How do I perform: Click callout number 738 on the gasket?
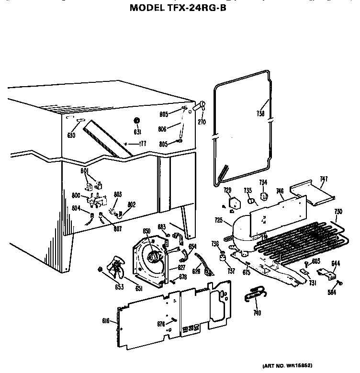[260, 114]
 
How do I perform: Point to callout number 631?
[137, 132]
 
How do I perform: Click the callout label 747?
[324, 179]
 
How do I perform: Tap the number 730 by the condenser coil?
[338, 211]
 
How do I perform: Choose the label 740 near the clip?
[257, 313]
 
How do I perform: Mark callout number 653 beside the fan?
[106, 287]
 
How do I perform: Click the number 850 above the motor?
[146, 231]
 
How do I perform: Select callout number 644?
[322, 262]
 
